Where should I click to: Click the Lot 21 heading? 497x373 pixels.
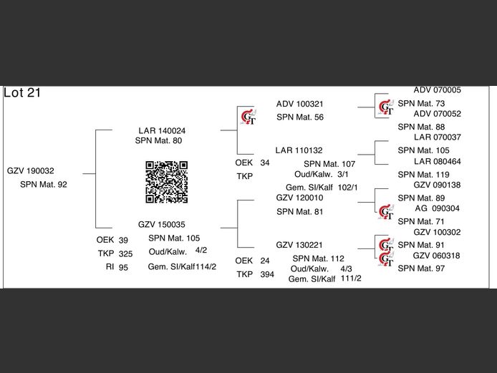22,92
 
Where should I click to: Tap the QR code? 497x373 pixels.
167,182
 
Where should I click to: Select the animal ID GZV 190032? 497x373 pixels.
31,171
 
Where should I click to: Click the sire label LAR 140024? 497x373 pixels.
162,131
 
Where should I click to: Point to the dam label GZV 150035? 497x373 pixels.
162,224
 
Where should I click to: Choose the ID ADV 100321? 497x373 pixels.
300,104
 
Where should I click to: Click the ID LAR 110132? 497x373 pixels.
299,150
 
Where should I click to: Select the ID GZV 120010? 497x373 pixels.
300,198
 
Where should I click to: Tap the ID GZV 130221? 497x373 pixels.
300,245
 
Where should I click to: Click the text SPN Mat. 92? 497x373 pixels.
44,185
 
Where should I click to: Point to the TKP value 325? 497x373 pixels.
125,253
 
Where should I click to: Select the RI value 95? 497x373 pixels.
124,267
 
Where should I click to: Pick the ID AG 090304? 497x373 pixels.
438,208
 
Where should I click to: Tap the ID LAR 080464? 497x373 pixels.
438,161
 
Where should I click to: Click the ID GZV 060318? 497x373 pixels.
437,256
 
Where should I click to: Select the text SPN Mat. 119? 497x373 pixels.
423,174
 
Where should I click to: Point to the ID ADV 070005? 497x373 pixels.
438,90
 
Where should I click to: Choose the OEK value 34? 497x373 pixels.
265,163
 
